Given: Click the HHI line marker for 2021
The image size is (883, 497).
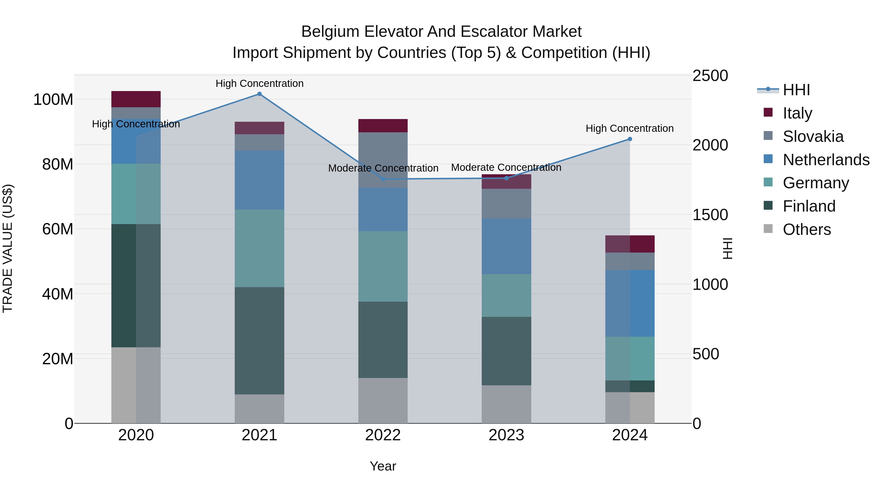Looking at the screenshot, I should pyautogui.click(x=260, y=94).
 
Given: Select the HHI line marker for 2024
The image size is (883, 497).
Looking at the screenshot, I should pyautogui.click(x=630, y=139).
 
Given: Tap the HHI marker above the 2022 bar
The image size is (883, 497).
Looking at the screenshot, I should pyautogui.click(x=383, y=179).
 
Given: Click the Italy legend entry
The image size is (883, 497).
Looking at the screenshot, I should pyautogui.click(x=797, y=113).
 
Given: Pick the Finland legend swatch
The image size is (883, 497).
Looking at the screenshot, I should pyautogui.click(x=768, y=206).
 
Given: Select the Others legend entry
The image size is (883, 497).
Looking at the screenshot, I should pyautogui.click(x=806, y=229).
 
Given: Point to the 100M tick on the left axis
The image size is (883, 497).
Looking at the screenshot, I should pyautogui.click(x=53, y=99).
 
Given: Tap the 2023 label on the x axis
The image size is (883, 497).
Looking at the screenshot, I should pyautogui.click(x=506, y=435).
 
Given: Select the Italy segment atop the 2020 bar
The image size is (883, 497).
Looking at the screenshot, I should pyautogui.click(x=136, y=99).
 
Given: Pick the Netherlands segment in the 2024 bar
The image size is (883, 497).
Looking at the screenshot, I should pyautogui.click(x=630, y=303).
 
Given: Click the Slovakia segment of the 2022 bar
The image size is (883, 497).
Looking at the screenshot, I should pyautogui.click(x=383, y=160).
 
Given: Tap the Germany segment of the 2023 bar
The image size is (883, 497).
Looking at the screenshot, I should pyautogui.click(x=506, y=295).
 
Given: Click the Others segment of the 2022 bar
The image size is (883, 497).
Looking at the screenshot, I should pyautogui.click(x=383, y=400).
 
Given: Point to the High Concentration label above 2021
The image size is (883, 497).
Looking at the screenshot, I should pyautogui.click(x=260, y=83).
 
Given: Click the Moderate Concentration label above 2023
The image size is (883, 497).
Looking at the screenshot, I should pyautogui.click(x=506, y=167).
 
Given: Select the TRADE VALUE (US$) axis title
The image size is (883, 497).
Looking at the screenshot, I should pyautogui.click(x=8, y=248).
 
